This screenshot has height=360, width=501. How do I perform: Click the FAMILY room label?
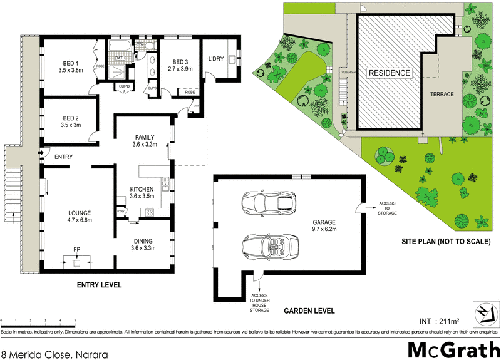tap(143, 141)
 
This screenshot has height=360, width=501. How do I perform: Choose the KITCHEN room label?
tap(142, 193)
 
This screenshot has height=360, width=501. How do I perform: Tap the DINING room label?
tap(143, 244)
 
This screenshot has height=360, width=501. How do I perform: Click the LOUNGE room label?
tap(80, 217)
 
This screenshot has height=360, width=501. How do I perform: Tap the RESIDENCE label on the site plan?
tap(388, 73)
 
